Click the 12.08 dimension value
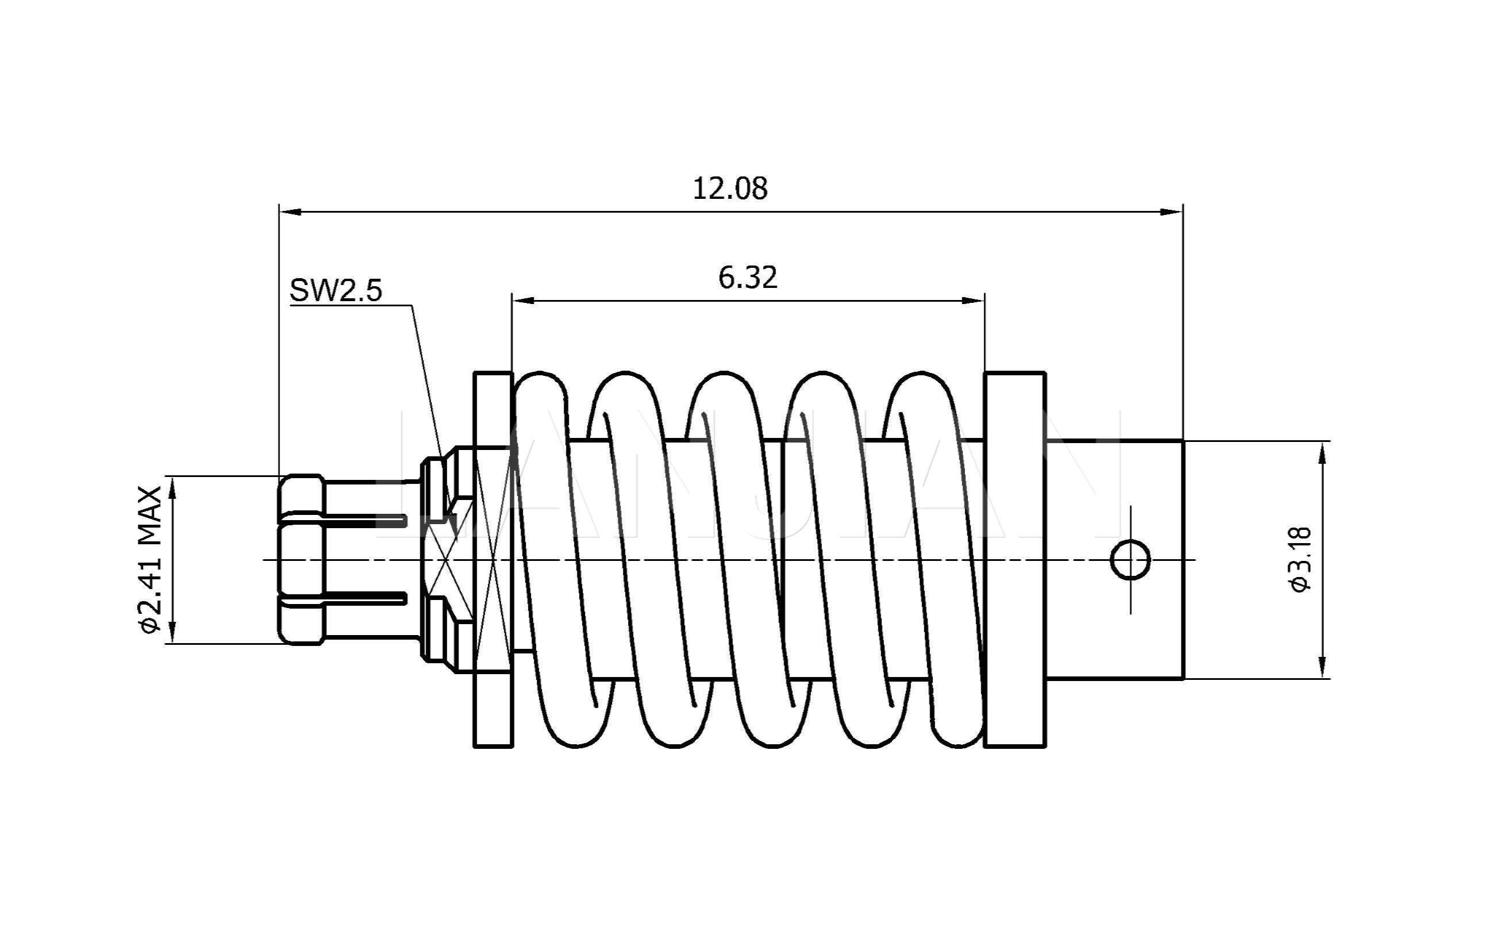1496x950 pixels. click(730, 189)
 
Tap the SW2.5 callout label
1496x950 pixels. click(336, 290)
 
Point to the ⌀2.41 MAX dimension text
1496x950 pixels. click(151, 559)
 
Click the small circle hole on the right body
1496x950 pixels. click(1130, 560)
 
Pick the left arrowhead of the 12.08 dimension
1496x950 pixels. click(290, 212)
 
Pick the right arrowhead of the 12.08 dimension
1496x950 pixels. click(1173, 212)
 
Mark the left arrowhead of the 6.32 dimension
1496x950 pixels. click(522, 301)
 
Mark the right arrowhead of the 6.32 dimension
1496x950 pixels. click(974, 301)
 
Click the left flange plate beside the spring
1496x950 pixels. click(493, 559)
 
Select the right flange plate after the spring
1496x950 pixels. click(1015, 559)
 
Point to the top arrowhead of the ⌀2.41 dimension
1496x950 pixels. click(173, 487)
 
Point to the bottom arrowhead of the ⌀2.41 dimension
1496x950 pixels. click(173, 633)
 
